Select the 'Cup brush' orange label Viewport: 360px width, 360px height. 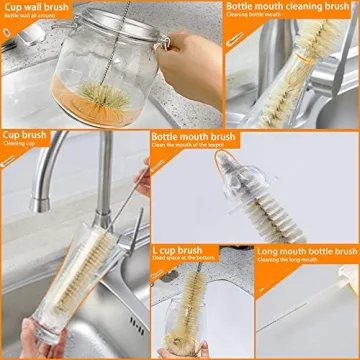(x=25, y=134)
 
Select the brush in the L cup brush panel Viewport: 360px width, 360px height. (x=195, y=320)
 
